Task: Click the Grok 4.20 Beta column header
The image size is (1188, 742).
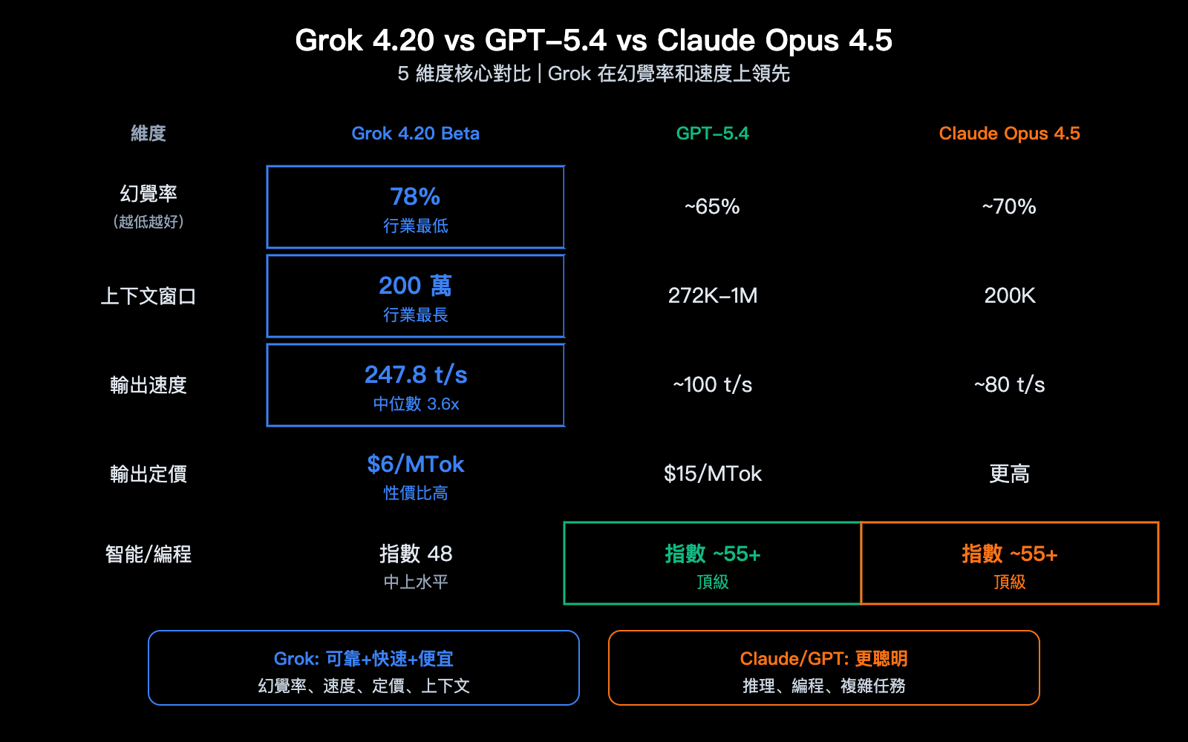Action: click(x=415, y=134)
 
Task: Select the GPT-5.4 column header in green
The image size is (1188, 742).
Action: click(x=712, y=134)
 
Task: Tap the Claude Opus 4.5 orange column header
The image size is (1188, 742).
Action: click(x=1009, y=134)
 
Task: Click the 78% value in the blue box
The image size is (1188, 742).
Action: click(x=415, y=197)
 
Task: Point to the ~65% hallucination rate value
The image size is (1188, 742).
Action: click(x=712, y=206)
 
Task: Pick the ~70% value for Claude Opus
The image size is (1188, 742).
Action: click(x=1009, y=206)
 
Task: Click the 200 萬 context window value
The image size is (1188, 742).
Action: click(x=415, y=286)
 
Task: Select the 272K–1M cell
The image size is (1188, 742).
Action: click(x=712, y=295)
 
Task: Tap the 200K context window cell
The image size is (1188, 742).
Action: click(x=1009, y=295)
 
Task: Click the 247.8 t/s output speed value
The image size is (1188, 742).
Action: click(x=415, y=375)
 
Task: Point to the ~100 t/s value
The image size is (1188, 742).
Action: click(x=712, y=384)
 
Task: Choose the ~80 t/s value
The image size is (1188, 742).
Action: click(x=1009, y=384)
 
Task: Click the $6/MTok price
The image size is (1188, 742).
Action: click(x=415, y=464)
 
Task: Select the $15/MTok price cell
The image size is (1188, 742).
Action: click(x=712, y=473)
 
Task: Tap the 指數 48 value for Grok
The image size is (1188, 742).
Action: click(x=415, y=554)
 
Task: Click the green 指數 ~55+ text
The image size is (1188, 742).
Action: click(x=712, y=554)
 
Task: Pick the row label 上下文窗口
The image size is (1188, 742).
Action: click(x=148, y=296)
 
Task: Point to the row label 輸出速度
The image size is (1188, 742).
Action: click(x=148, y=385)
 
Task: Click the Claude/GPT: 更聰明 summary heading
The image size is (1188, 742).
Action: click(x=823, y=659)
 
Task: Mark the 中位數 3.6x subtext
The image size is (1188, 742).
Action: click(x=415, y=404)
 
